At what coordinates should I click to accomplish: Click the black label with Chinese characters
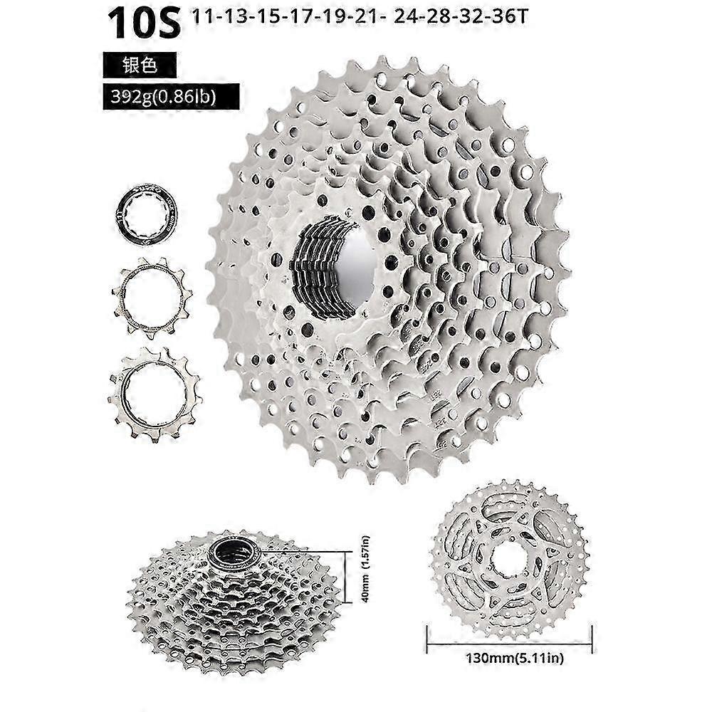pos(140,65)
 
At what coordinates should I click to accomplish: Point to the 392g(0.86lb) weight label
pos(171,97)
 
